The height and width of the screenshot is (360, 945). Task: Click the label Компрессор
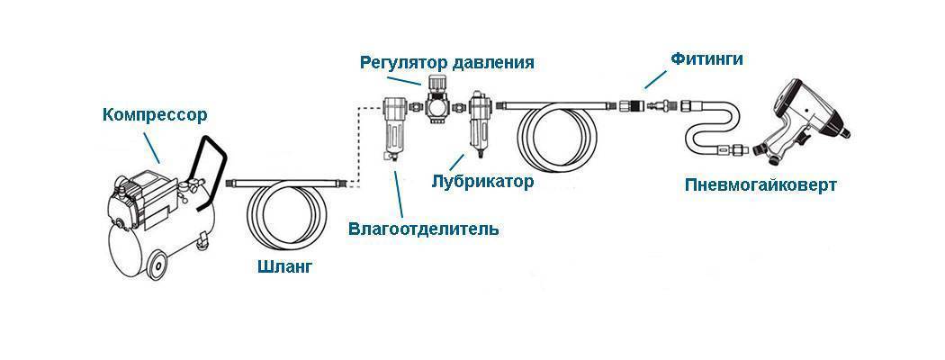pyautogui.click(x=154, y=115)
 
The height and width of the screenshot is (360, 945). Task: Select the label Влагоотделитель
pyautogui.click(x=423, y=229)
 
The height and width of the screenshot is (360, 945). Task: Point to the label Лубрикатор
pyautogui.click(x=482, y=182)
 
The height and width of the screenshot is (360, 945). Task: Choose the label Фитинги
pyautogui.click(x=706, y=58)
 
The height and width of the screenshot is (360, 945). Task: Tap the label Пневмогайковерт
pyautogui.click(x=760, y=184)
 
